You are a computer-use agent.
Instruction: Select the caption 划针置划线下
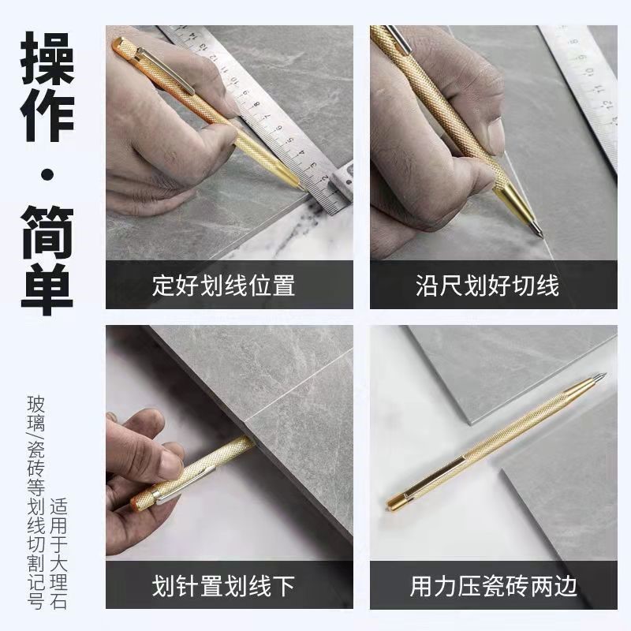[x=223, y=585]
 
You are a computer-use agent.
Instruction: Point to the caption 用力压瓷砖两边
[x=494, y=585]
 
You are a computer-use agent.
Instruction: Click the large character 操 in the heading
[x=48, y=58]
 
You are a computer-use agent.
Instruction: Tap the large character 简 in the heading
[x=48, y=233]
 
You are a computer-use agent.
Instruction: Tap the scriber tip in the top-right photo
[x=540, y=233]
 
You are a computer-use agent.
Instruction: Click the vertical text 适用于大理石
[x=60, y=547]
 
